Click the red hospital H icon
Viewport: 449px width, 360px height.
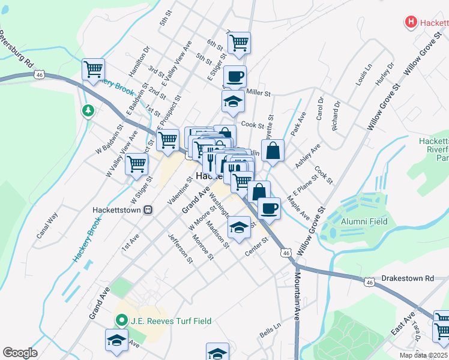tap(411, 23)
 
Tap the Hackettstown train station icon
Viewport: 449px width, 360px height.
tap(148, 211)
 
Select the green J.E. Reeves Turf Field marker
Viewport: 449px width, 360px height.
tap(121, 320)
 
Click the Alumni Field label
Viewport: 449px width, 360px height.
tap(364, 221)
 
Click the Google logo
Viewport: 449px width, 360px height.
tap(19, 353)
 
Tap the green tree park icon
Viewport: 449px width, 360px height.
tap(88, 110)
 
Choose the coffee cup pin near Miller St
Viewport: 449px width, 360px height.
tap(235, 77)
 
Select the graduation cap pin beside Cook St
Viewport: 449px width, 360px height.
tap(233, 102)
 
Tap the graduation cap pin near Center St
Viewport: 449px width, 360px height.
tap(239, 228)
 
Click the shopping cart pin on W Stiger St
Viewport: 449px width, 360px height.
tap(137, 163)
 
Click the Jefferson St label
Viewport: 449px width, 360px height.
tap(180, 248)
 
